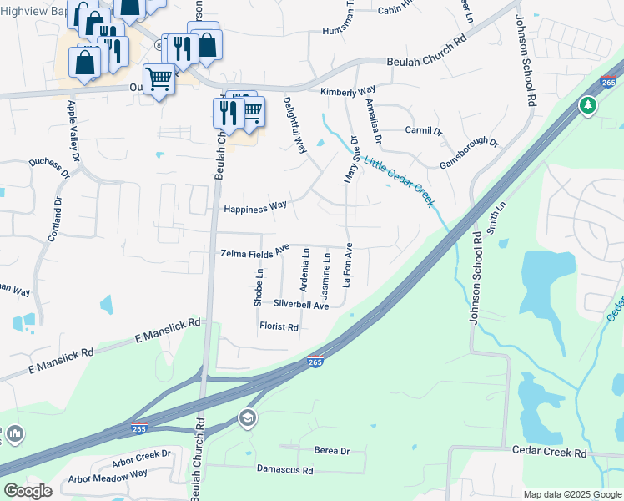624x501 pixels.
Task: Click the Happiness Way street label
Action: click(x=254, y=205)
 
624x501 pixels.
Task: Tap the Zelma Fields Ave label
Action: click(x=254, y=250)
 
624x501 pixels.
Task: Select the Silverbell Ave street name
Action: click(x=301, y=306)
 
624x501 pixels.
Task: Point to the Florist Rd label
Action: click(x=279, y=327)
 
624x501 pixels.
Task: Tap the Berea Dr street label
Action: click(x=331, y=451)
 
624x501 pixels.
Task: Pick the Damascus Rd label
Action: click(x=284, y=470)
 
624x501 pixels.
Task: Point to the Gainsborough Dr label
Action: click(x=468, y=154)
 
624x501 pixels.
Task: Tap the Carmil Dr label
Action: click(x=423, y=130)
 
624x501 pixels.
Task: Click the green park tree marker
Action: click(x=588, y=105)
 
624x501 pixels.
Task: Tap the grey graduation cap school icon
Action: click(x=247, y=417)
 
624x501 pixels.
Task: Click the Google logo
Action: click(x=28, y=491)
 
